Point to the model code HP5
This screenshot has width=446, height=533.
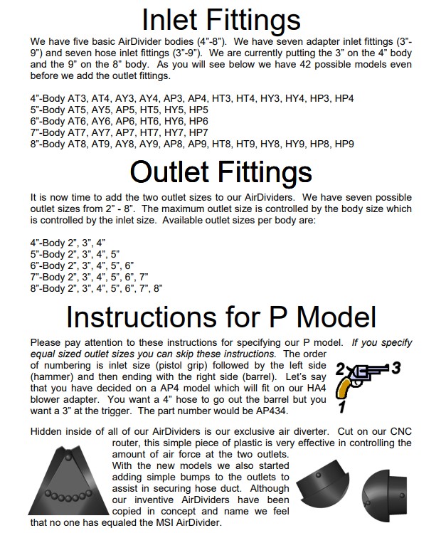tap(198, 110)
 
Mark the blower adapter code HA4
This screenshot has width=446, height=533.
tap(292, 388)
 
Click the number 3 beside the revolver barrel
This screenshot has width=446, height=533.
tap(396, 368)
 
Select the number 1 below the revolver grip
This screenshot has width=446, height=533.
tap(341, 408)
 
